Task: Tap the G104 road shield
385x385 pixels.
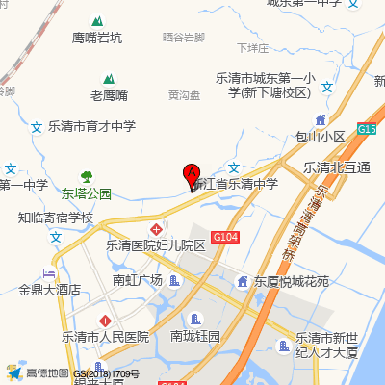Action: point(225,236)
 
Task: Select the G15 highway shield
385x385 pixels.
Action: point(367,128)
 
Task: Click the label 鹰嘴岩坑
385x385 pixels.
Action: point(97,38)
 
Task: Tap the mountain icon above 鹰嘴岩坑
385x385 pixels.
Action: point(96,21)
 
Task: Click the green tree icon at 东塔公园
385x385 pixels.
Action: point(87,176)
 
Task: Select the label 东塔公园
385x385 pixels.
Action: point(87,193)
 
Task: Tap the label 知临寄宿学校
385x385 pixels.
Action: point(56,218)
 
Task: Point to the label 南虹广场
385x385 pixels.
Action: point(137,280)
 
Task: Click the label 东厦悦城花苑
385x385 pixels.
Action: point(291,282)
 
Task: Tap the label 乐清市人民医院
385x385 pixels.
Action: point(107,337)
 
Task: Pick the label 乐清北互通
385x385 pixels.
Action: point(337,167)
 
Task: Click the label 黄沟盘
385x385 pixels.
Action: point(184,95)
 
